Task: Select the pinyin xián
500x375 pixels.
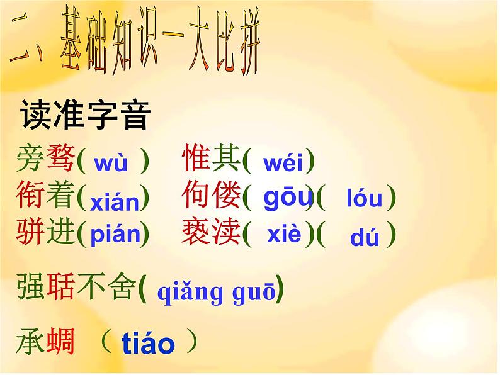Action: [x=114, y=202]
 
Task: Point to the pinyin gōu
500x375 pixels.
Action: [x=287, y=198]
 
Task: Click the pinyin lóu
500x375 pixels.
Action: [x=364, y=199]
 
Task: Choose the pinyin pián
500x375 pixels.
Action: [x=115, y=235]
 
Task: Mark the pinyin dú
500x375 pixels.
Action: [x=365, y=238]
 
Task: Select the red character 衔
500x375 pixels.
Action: [x=31, y=196]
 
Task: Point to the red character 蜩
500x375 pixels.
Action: [x=61, y=342]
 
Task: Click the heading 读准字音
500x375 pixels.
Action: [x=86, y=115]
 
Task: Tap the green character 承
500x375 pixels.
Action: [x=31, y=342]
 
